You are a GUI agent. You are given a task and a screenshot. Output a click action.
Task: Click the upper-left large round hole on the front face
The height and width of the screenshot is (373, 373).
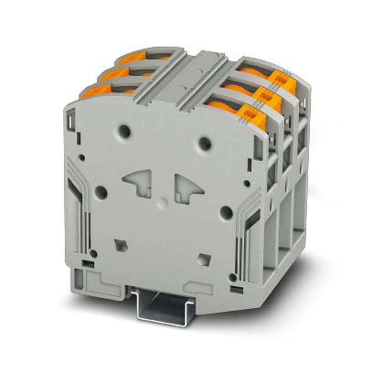[x=124, y=131]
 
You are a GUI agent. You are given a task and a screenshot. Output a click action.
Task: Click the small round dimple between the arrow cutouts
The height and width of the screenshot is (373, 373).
[x=162, y=203]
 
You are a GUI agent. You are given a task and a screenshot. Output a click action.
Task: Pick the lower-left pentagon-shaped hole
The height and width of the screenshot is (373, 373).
[x=120, y=245]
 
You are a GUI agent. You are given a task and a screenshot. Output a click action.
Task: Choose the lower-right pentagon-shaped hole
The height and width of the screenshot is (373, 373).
[x=203, y=259]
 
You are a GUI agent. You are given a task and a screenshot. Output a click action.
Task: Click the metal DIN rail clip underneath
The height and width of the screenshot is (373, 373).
[x=160, y=306]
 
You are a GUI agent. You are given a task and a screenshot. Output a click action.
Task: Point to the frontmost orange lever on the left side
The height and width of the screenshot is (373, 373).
[x=93, y=91]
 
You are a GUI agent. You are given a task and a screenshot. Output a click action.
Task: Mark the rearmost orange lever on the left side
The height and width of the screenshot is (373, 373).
[x=131, y=57]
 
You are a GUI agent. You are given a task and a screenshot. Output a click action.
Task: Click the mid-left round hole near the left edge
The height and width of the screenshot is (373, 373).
[x=101, y=192]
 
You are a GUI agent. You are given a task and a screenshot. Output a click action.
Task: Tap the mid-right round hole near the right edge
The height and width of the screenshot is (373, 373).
[x=226, y=213]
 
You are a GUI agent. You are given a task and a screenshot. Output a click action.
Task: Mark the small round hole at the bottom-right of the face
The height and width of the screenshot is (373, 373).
[x=233, y=278]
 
